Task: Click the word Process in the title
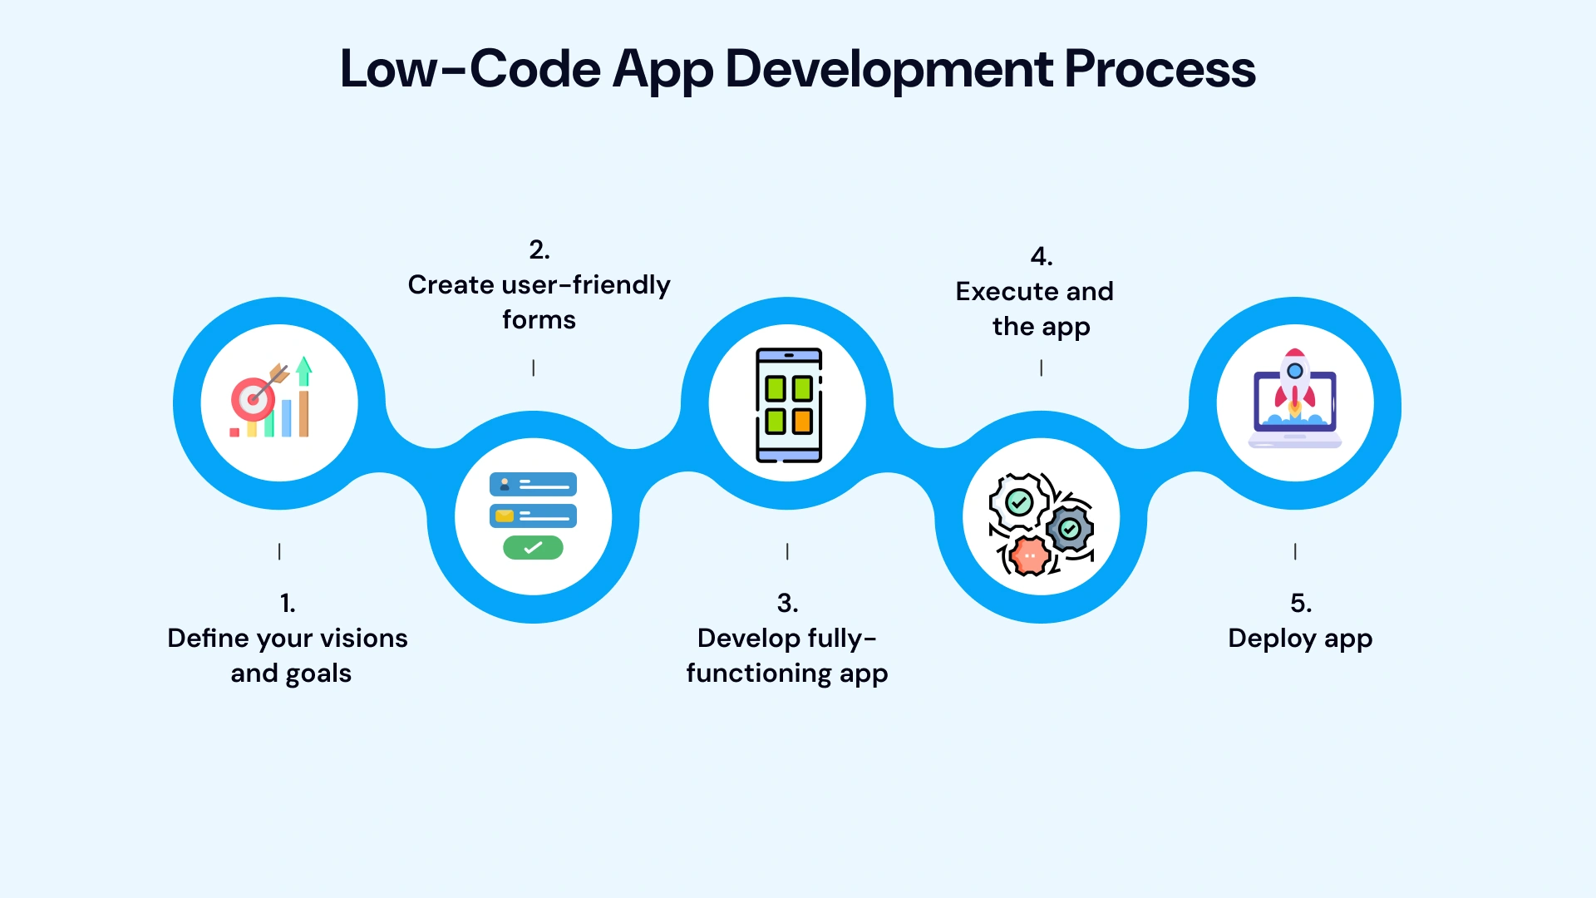[1160, 69]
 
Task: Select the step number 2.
[539, 249]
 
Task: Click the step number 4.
[1041, 256]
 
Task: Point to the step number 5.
[1300, 603]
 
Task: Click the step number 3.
[786, 603]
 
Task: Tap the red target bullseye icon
[252, 400]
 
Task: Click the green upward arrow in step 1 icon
[304, 370]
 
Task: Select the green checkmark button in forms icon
[533, 547]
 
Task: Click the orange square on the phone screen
[802, 421]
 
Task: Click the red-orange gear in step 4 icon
[1030, 555]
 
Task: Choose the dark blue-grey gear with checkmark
[1070, 529]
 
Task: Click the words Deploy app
[1300, 639]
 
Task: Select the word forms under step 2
[539, 320]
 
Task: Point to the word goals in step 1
[318, 673]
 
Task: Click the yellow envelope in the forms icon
[504, 516]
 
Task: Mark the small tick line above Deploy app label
[1295, 551]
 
